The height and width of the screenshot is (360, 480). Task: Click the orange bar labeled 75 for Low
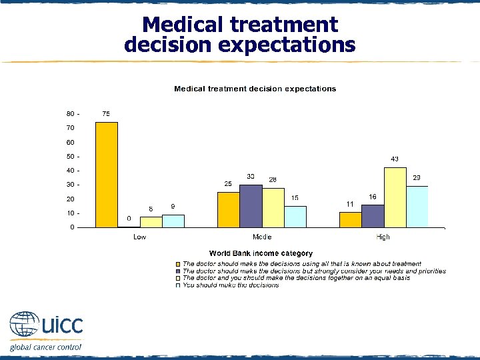pos(107,175)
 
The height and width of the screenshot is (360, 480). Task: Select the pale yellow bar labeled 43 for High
pos(395,197)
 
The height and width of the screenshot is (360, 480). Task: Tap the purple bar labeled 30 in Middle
pos(251,206)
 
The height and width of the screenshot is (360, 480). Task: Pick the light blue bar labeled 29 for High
pos(417,207)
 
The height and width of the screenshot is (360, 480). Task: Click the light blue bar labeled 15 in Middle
pos(295,217)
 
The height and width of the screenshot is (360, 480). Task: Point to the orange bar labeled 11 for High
pos(351,219)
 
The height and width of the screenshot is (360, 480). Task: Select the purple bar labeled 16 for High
pos(373,216)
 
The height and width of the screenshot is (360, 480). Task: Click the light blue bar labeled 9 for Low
pos(173,221)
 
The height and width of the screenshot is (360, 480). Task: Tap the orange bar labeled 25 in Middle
pos(229,209)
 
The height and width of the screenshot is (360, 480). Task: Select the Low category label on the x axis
pos(140,237)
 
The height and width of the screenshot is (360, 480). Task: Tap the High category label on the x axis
pos(383,237)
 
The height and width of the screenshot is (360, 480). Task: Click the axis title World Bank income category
pos(261,253)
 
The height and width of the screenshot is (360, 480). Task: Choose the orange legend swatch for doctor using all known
pos(178,265)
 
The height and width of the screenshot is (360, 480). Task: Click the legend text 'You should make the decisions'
pos(231,285)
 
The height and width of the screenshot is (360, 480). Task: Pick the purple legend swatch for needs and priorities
pos(178,271)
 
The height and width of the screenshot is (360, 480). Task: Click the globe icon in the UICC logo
pos(24,325)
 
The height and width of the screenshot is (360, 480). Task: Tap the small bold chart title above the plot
pos(255,89)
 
